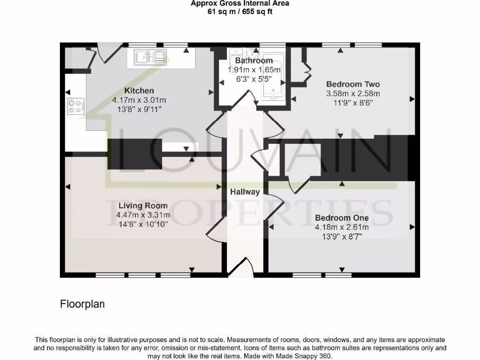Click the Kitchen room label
139,90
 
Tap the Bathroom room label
254,60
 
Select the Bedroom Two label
352,84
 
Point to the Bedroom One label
342,218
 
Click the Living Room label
142,205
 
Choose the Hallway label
245,192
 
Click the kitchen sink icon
150,57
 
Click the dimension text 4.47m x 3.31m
142,215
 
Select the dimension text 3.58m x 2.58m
352,94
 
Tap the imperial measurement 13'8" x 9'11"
139,109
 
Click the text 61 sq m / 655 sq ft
240,12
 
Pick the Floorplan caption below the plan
82,304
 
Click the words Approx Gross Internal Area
240,4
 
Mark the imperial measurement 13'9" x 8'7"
342,236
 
